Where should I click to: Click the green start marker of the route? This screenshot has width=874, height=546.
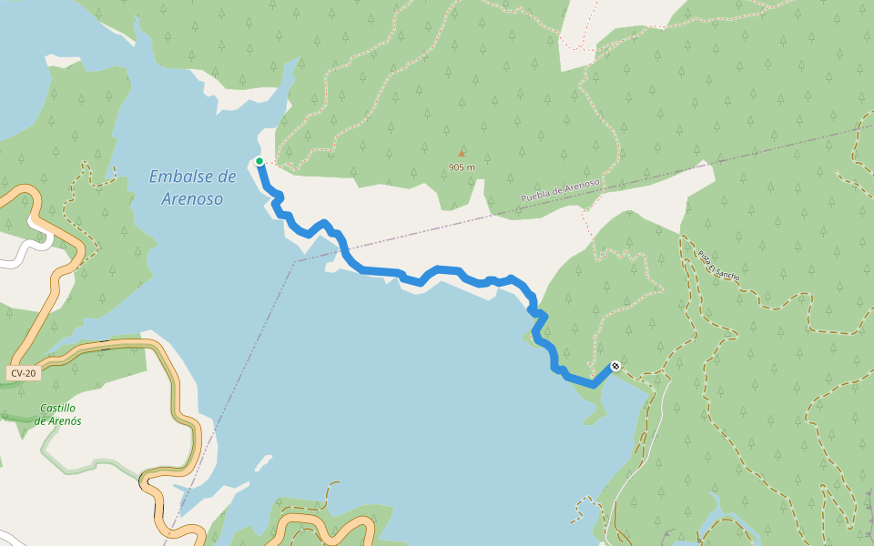coord(259,161)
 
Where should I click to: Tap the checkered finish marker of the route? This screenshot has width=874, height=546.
coord(615,366)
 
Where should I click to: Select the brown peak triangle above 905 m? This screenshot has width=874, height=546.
coord(462,153)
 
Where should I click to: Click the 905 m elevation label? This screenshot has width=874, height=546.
coord(462,167)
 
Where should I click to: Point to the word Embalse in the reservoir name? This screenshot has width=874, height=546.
coord(178,177)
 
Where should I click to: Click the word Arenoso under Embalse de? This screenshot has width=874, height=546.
coord(192,198)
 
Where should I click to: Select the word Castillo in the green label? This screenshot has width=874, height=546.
coord(58,409)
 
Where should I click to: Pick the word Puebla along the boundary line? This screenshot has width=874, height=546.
coord(536,196)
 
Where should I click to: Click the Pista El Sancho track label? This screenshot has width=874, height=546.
coord(719,264)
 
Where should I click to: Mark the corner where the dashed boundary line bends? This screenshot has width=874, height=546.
coord(295,261)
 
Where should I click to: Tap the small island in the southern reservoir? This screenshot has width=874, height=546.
coord(262,463)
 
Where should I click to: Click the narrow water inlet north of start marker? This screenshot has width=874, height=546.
coord(290,77)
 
